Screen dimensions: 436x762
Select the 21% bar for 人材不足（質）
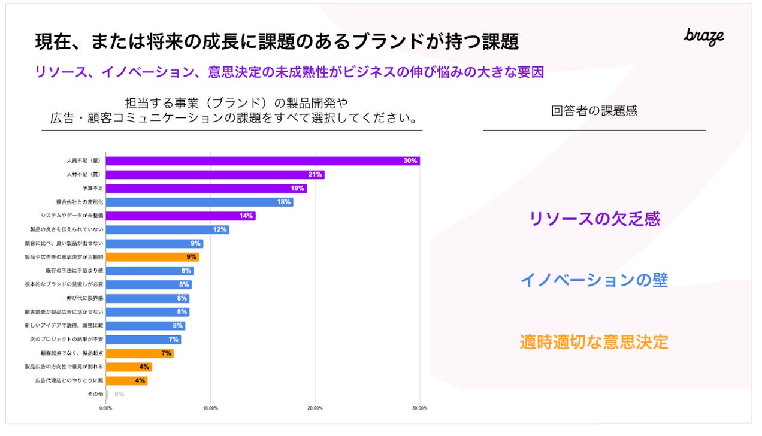tap(215, 175)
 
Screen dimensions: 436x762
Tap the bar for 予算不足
tap(206, 189)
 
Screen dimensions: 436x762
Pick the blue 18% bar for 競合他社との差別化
tap(199, 202)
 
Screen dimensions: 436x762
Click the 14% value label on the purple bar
tap(246, 216)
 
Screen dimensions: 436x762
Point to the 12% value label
tap(220, 230)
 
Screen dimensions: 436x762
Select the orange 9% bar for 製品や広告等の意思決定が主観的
tap(152, 257)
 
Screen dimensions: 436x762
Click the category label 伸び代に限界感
tap(85, 298)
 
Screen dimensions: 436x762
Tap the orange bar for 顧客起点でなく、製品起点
tap(140, 353)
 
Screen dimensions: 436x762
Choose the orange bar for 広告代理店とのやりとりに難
tap(126, 381)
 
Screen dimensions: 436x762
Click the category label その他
tap(95, 395)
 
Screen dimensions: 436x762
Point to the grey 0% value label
tap(119, 395)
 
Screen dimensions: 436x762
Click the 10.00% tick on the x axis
tap(210, 408)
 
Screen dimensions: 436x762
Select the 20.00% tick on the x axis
tap(315, 408)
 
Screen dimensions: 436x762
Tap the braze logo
tap(704, 36)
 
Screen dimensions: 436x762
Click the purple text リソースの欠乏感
tap(594, 219)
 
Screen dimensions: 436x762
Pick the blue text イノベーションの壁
tap(594, 280)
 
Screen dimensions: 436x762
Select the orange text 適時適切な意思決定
tap(594, 342)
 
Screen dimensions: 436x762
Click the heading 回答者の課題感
tap(594, 111)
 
